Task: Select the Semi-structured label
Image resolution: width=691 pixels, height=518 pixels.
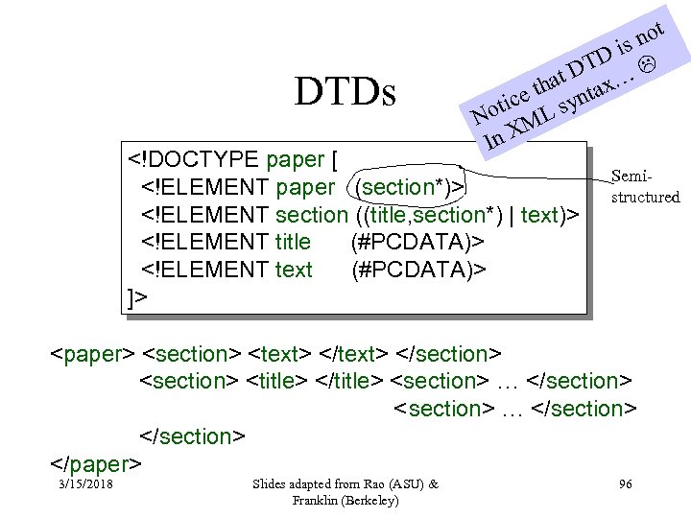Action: pos(645,187)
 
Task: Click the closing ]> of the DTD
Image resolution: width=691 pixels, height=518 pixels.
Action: pos(138,297)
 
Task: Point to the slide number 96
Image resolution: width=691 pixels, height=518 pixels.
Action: pos(625,484)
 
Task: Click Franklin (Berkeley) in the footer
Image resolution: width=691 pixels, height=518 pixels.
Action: pos(345,501)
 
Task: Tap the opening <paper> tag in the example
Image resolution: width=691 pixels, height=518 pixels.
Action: pos(92,354)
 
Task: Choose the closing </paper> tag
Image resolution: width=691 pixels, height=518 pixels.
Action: pos(96,464)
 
